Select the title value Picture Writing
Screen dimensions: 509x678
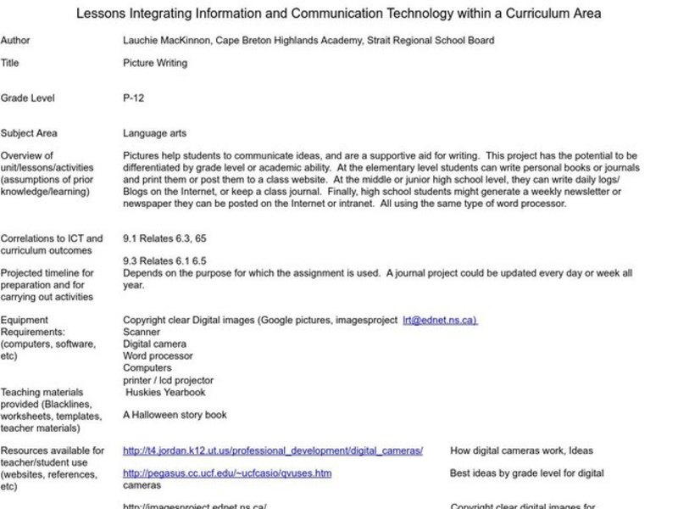[x=154, y=63]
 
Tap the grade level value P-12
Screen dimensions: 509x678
[x=133, y=98]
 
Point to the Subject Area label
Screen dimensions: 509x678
[x=28, y=133]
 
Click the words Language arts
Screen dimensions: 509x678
[x=154, y=133]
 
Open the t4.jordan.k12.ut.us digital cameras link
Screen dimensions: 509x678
[x=272, y=450]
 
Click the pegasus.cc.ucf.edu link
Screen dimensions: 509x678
[x=226, y=473]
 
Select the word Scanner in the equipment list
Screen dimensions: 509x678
[x=141, y=333]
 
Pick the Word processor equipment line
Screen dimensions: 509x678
[x=157, y=356]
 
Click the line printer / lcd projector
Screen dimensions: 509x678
[x=168, y=381]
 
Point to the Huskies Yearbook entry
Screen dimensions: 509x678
[x=165, y=392]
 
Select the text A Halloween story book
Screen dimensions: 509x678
[x=174, y=416]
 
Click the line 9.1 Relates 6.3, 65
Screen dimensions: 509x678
[x=164, y=238]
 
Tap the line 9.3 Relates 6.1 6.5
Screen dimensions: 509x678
[x=164, y=262]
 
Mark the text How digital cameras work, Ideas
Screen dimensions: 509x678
[x=521, y=450]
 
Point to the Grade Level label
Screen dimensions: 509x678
[x=27, y=98]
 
